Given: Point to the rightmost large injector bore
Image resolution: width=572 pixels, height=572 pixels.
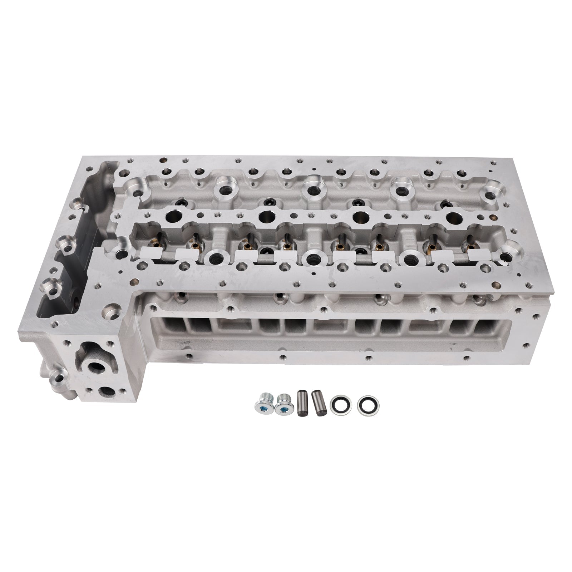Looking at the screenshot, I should point(454,216).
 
